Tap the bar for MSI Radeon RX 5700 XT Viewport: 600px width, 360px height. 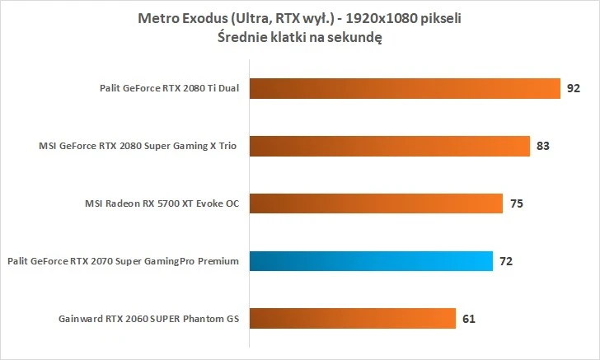click(x=375, y=203)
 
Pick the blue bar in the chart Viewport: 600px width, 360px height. click(x=371, y=261)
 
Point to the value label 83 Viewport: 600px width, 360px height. click(x=543, y=147)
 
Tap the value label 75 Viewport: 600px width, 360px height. click(x=517, y=203)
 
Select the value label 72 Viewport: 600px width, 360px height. click(x=507, y=261)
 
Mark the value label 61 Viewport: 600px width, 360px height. click(x=469, y=318)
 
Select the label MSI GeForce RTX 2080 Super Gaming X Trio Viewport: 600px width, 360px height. click(x=138, y=147)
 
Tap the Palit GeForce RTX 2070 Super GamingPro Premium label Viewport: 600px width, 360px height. click(x=122, y=261)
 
